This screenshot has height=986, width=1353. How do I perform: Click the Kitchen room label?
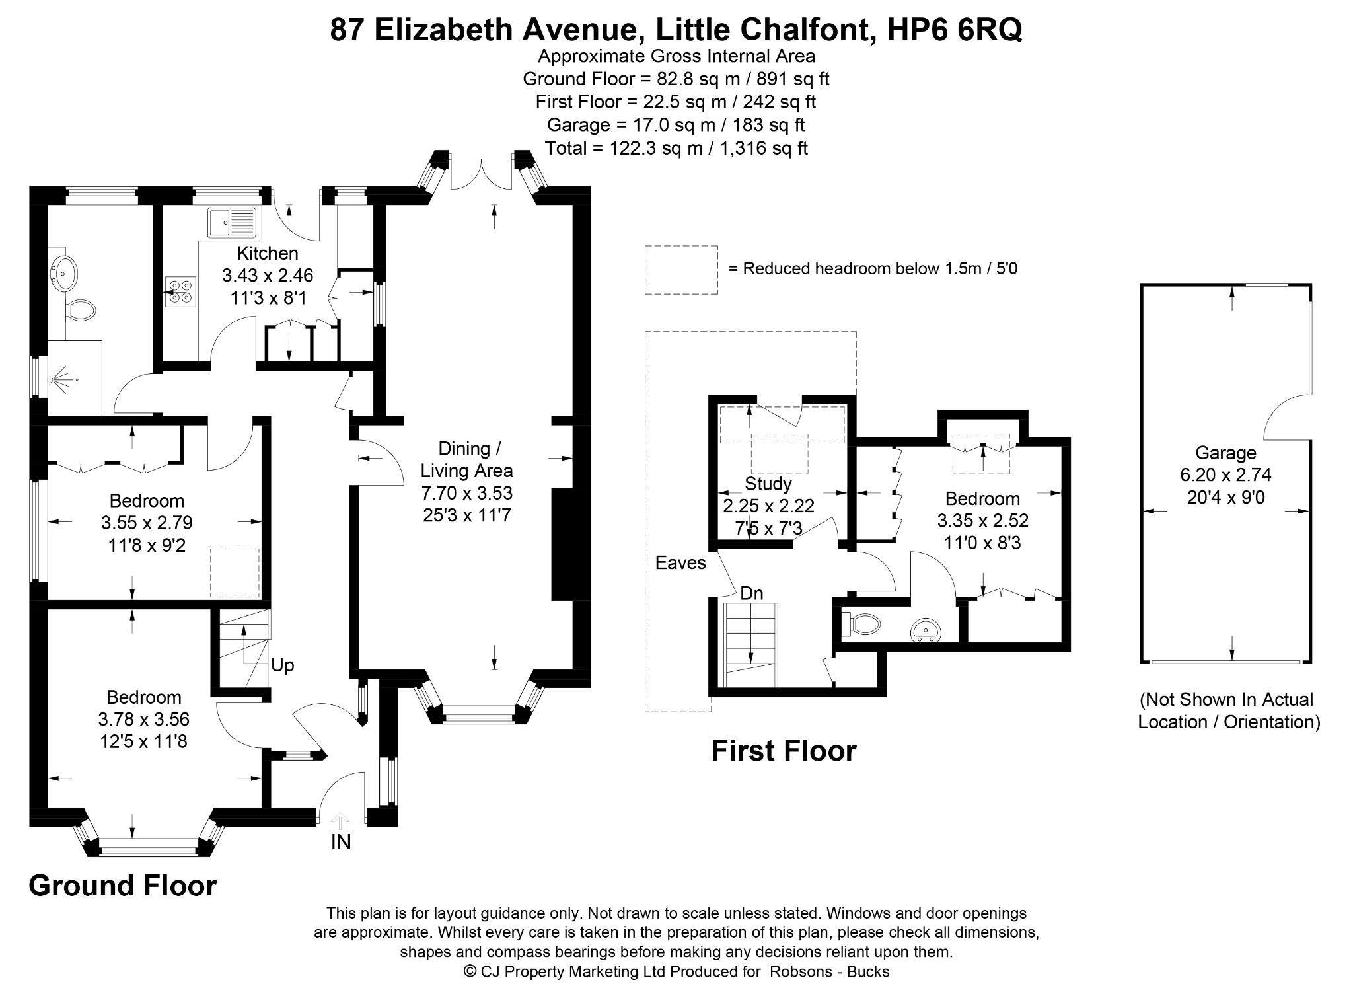click(268, 253)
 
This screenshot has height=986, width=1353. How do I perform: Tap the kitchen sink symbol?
click(231, 222)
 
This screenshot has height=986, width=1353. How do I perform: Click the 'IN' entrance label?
click(341, 842)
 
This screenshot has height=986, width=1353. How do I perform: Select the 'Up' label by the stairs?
click(283, 665)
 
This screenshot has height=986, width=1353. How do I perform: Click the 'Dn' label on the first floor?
click(752, 593)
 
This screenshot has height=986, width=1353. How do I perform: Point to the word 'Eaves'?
click(680, 563)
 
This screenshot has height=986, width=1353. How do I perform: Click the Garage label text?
click(1225, 453)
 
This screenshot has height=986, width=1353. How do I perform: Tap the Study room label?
click(768, 484)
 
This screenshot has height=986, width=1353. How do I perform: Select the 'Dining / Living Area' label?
click(466, 460)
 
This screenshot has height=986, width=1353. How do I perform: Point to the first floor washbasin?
click(926, 630)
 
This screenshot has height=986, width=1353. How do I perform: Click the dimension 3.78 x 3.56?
click(143, 719)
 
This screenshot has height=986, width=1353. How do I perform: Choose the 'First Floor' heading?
click(784, 751)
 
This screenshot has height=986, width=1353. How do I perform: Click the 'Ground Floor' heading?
click(123, 886)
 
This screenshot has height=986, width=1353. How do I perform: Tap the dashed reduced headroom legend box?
click(681, 270)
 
